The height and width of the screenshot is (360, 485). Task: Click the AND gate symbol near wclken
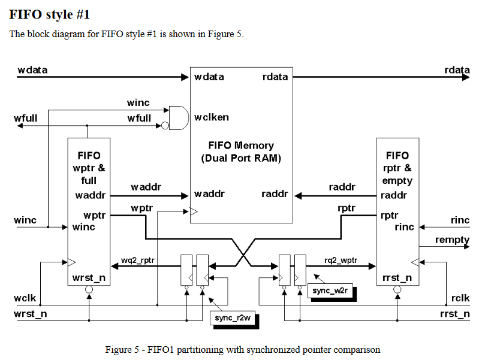tap(178, 117)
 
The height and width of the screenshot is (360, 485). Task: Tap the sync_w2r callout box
tap(330, 291)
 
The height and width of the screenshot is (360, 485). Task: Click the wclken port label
tap(211, 117)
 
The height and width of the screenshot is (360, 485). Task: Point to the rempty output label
tap(453, 240)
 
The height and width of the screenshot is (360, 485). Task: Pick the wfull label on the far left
tap(25, 119)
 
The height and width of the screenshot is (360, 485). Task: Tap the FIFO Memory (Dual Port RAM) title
tap(241, 152)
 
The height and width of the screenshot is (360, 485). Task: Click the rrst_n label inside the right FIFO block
tap(397, 278)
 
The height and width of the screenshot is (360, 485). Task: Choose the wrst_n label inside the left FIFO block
tap(89, 278)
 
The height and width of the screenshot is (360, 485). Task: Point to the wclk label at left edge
tap(25, 298)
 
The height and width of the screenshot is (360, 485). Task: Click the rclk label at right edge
tap(460, 298)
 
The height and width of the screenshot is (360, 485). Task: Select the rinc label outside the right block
tap(460, 220)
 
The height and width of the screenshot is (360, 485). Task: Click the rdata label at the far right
tap(457, 71)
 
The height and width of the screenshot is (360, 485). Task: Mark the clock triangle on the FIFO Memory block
tap(194, 211)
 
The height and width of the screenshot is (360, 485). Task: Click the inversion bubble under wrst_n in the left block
tap(89, 290)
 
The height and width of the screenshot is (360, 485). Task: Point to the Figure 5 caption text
tap(242, 349)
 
